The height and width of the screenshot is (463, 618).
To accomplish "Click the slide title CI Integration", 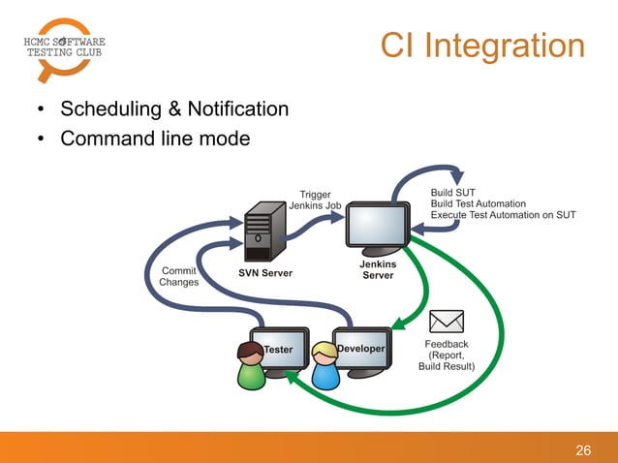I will [x=481, y=46].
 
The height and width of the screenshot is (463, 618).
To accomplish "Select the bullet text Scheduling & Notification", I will [x=174, y=108].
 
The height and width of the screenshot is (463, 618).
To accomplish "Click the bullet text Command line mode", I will [x=155, y=139].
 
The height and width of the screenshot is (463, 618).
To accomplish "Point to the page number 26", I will [x=583, y=449].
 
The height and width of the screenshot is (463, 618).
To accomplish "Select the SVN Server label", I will [x=265, y=273].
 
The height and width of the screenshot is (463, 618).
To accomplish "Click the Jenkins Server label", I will [x=378, y=269].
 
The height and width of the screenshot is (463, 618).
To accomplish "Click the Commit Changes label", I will [x=178, y=276].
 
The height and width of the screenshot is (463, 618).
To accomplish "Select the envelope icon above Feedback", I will [x=446, y=321].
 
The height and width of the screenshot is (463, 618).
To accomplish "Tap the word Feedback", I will [x=446, y=344].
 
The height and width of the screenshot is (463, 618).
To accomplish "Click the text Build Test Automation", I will [x=478, y=203].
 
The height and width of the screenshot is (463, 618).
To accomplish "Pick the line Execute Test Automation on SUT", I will [x=503, y=215].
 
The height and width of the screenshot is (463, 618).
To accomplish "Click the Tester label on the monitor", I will [x=279, y=349].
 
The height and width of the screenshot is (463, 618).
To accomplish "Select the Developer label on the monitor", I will [x=360, y=348].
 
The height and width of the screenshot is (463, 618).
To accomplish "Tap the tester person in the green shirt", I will [x=251, y=366].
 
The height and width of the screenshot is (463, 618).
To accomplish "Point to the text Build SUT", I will [x=452, y=192].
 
